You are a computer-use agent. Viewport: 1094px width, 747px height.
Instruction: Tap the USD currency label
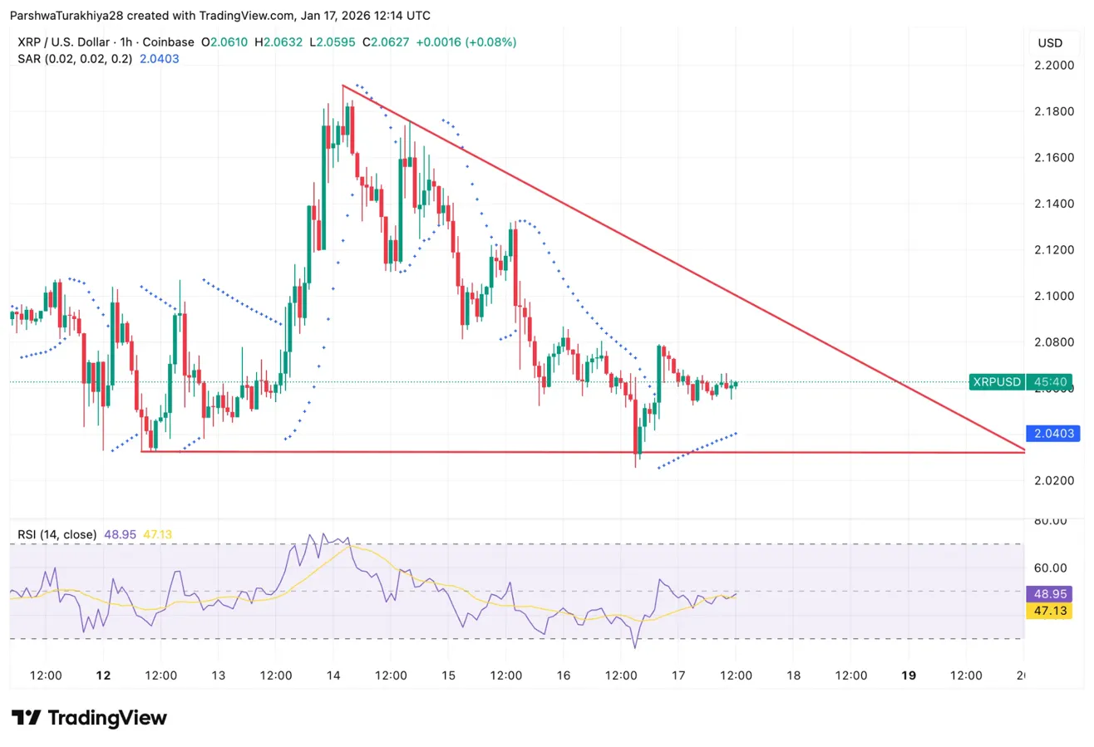click(x=1051, y=42)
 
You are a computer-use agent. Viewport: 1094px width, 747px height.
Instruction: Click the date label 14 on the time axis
click(x=333, y=676)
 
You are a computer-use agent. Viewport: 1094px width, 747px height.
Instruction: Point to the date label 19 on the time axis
click(x=909, y=676)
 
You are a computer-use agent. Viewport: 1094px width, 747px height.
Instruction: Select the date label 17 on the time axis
click(x=678, y=676)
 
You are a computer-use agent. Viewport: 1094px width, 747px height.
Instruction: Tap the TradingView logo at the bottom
click(x=89, y=718)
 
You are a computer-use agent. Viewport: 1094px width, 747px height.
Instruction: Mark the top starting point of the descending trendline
click(x=342, y=85)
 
